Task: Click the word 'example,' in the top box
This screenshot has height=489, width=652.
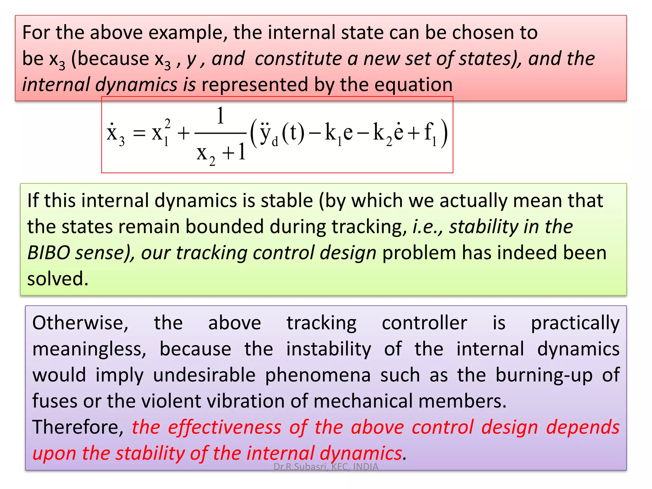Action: pos(188,33)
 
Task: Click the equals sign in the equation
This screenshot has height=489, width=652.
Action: pos(139,133)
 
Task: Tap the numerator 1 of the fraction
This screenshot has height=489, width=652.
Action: pos(220,116)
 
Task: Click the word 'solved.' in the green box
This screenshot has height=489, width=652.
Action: pos(58,279)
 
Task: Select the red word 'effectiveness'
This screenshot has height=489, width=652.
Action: pos(225,427)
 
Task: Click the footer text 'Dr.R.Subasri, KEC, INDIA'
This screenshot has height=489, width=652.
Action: pos(326,467)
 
